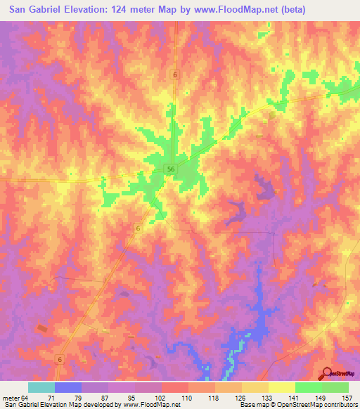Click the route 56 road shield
coord(172,169)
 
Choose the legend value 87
coord(104,397)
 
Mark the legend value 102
coord(158,397)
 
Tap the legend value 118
coord(212,397)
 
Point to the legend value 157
coord(346,397)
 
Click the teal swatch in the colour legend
coord(41,387)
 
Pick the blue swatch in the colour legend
coord(68,387)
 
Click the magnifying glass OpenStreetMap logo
coord(326,373)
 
